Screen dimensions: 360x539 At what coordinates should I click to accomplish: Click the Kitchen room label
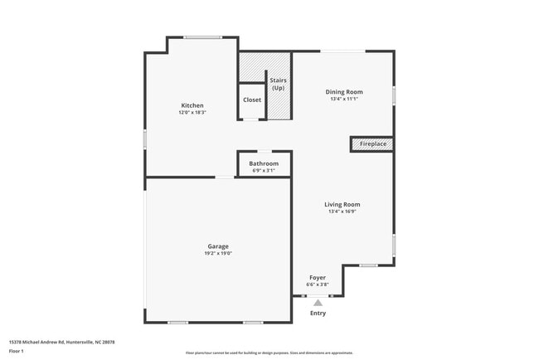(x=192, y=105)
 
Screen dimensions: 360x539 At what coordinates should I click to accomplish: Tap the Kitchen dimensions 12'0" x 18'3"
(x=192, y=112)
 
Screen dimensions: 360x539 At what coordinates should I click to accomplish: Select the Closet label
(x=252, y=100)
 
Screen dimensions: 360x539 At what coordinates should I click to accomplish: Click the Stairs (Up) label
(x=279, y=84)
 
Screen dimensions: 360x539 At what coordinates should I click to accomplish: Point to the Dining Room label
(x=343, y=91)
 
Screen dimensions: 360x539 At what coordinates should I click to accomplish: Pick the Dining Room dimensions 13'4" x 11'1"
(x=343, y=99)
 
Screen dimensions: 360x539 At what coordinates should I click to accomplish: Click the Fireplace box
(x=371, y=144)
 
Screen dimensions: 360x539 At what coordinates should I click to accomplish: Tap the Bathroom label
(x=264, y=163)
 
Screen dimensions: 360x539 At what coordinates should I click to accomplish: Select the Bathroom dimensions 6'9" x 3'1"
(x=264, y=170)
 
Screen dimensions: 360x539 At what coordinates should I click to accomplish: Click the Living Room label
(x=342, y=204)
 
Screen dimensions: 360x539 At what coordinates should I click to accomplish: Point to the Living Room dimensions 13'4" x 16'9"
(x=342, y=212)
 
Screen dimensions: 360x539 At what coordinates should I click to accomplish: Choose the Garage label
(x=218, y=246)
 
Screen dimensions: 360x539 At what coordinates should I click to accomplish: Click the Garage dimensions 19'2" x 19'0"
(x=218, y=253)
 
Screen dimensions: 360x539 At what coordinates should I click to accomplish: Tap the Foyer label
(x=318, y=277)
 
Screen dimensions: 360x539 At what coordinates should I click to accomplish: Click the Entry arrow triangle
(x=318, y=303)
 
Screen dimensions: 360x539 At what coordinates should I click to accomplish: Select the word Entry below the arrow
(x=318, y=314)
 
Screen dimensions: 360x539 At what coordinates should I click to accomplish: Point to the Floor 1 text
(x=17, y=351)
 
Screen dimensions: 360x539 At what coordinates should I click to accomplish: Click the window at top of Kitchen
(x=202, y=36)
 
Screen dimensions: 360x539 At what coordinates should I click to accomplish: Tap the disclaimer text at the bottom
(x=269, y=353)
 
